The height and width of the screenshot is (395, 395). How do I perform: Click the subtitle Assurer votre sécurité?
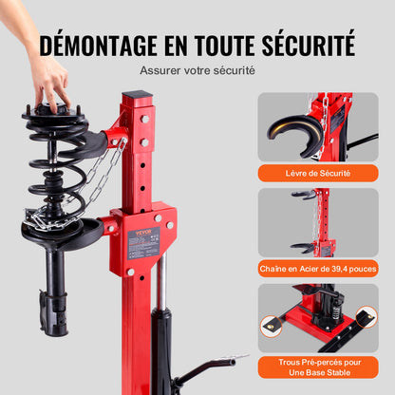(197, 70)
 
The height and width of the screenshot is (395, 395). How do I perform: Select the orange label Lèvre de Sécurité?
(317, 172)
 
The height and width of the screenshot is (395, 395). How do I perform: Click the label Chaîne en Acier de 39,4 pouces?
(317, 269)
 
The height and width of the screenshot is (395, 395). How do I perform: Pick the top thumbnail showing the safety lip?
(317, 127)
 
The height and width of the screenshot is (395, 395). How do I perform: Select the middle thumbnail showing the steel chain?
(317, 223)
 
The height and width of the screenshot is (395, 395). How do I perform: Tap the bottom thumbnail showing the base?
(317, 319)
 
